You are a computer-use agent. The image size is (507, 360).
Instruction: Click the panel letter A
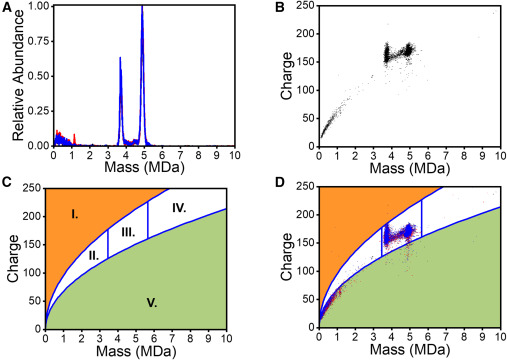[7, 7]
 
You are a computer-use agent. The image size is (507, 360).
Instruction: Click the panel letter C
[7, 185]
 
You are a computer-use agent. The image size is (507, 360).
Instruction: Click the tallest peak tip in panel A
[142, 7]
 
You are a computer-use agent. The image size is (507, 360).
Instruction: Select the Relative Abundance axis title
[10, 75]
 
